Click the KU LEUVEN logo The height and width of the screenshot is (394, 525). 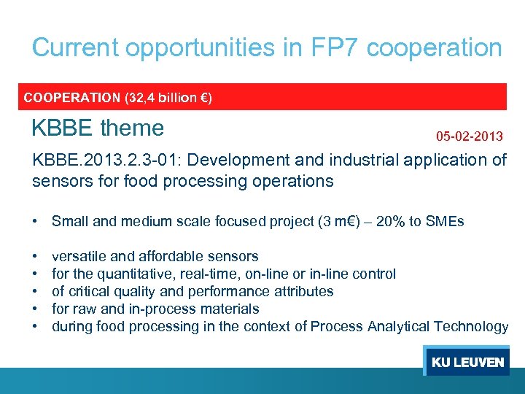[467, 362]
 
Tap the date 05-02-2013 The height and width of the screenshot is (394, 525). [469, 136]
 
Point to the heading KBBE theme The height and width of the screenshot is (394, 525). [98, 128]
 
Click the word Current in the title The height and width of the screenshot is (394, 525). [75, 48]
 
